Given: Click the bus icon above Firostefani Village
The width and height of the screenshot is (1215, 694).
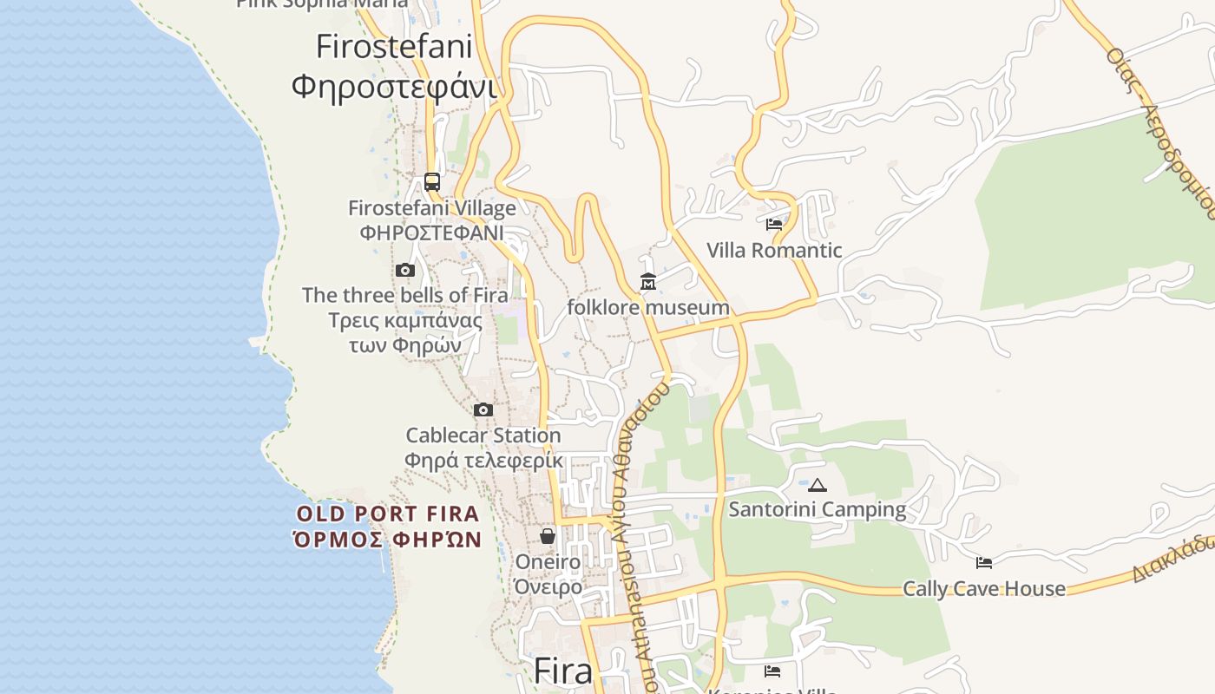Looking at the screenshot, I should click(432, 182).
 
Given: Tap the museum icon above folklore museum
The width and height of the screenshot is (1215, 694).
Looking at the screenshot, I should click(648, 282).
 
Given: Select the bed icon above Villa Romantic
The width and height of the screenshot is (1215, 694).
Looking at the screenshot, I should click(774, 224).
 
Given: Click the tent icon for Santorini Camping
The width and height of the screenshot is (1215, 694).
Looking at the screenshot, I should click(818, 484).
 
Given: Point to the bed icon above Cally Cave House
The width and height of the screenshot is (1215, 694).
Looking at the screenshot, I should click(984, 563).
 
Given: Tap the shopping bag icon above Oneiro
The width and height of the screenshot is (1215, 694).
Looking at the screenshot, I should click(548, 536).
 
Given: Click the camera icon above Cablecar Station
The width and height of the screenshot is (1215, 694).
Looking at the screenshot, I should click(483, 409).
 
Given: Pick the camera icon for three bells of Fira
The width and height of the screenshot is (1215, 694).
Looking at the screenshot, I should click(405, 270).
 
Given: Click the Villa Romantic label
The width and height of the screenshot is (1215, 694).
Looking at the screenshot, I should click(774, 251).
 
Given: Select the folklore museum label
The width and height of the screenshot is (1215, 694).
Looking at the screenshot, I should click(648, 307).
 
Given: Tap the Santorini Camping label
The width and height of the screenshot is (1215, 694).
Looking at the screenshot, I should click(818, 509).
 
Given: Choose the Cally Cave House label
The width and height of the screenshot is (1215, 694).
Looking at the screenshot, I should click(984, 589).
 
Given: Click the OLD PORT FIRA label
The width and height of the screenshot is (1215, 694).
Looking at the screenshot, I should click(388, 514).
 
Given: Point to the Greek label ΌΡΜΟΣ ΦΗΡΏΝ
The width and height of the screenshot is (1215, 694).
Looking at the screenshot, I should click(388, 540).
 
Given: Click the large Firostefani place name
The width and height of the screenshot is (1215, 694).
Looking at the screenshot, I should click(394, 46).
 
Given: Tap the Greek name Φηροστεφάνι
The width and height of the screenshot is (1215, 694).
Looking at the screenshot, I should click(394, 87).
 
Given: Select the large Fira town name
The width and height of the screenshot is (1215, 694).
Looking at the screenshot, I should click(562, 671).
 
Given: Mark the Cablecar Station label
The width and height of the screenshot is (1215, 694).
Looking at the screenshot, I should click(483, 435).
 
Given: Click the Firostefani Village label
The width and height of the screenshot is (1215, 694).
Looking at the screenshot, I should click(432, 208).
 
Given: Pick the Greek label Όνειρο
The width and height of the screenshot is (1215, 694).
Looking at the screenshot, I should click(548, 587).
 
